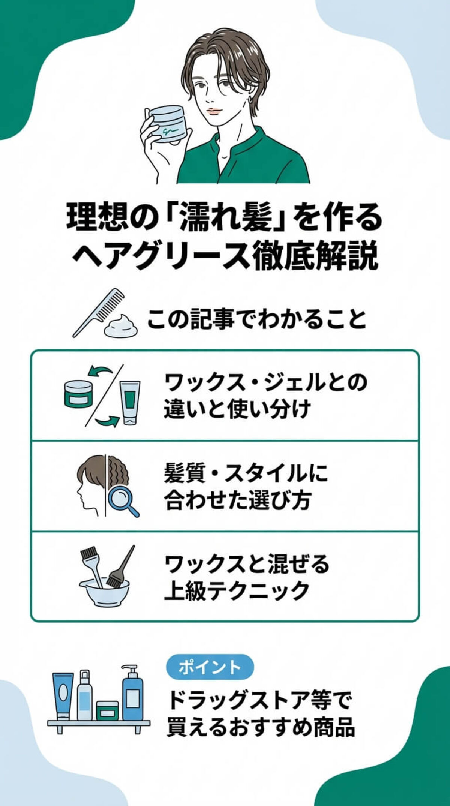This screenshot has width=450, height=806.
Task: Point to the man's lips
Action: (215, 111)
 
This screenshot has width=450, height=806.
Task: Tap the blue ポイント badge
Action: (210, 667)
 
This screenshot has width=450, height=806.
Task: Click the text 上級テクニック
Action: (237, 591)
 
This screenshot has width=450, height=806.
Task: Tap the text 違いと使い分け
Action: (237, 409)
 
